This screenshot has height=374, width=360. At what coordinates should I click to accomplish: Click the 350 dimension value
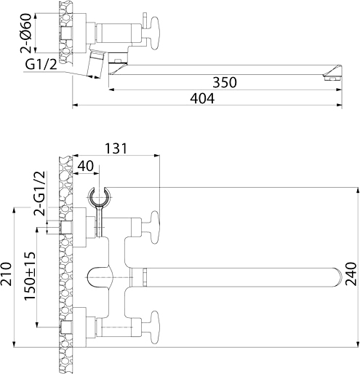pyautogui.click(x=225, y=82)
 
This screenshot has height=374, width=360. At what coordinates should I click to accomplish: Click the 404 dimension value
pyautogui.click(x=202, y=98)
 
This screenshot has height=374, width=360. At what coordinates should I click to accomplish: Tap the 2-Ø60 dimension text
pyautogui.click(x=26, y=33)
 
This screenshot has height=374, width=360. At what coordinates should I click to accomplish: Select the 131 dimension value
pyautogui.click(x=116, y=148)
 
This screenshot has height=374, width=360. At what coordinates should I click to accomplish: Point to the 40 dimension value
pyautogui.click(x=85, y=166)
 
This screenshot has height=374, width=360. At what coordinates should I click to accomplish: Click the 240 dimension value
pyautogui.click(x=351, y=274)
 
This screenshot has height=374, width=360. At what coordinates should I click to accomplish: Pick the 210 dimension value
pyautogui.click(x=6, y=274)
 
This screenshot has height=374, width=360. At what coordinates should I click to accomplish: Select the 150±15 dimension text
pyautogui.click(x=30, y=276)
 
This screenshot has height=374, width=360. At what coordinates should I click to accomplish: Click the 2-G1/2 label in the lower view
pyautogui.click(x=39, y=194)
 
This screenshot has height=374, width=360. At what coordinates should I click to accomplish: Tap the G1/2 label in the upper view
pyautogui.click(x=41, y=65)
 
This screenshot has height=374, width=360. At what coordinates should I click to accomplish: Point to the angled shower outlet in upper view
pyautogui.click(x=95, y=63)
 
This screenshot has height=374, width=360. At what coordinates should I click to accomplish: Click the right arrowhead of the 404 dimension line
pyautogui.click(x=340, y=106)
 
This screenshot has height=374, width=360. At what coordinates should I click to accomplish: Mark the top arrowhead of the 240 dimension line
pyautogui.click(x=358, y=191)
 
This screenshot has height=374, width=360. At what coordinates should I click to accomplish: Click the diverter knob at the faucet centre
pyautogui.click(x=100, y=277)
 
